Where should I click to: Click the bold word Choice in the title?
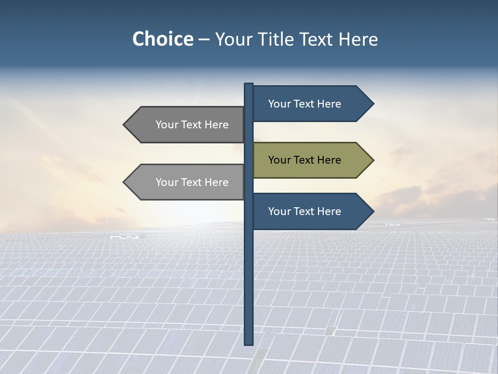(x=162, y=39)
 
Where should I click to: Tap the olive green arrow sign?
(x=311, y=160)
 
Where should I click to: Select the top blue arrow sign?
(x=311, y=104)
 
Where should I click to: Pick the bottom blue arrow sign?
(x=311, y=211)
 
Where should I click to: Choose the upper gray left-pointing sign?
(x=187, y=125)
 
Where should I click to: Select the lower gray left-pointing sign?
(x=187, y=182)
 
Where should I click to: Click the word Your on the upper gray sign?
(x=166, y=125)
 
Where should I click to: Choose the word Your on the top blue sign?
(x=279, y=104)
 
